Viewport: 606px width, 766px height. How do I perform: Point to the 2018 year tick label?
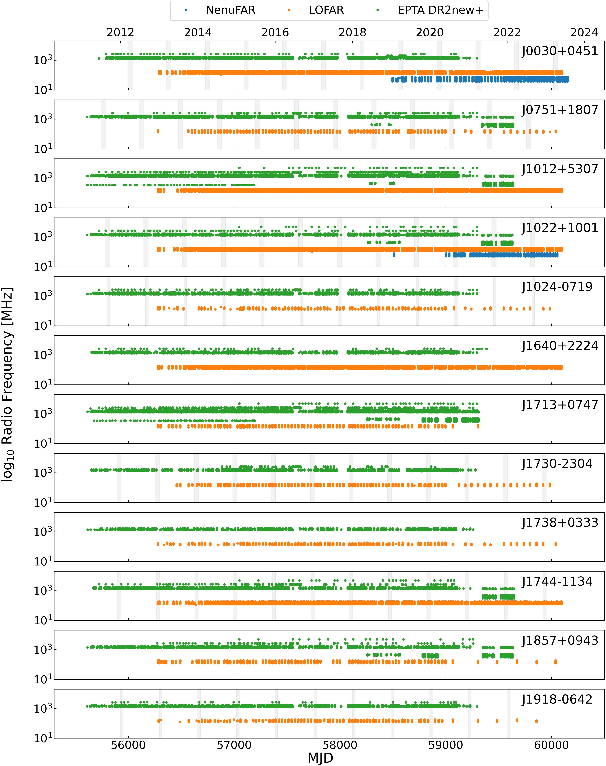(x=352, y=33)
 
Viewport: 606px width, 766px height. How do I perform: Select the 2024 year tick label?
(x=584, y=33)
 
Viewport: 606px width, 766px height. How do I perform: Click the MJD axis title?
(x=320, y=758)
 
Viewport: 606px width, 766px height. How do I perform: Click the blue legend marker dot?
(x=186, y=10)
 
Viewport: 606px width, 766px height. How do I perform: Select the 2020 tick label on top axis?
(x=430, y=33)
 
